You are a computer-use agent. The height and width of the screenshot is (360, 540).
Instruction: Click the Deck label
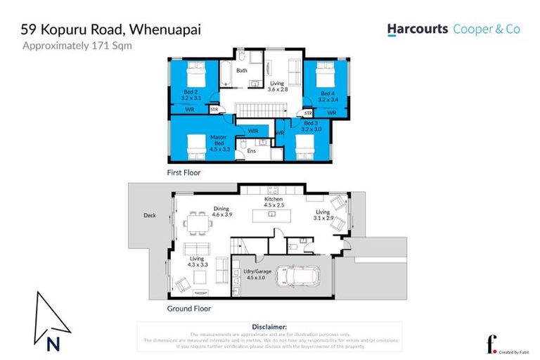[x=149, y=216]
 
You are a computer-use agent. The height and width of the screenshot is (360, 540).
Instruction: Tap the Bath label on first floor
[x=241, y=70]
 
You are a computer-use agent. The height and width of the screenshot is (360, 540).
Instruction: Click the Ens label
[x=250, y=150]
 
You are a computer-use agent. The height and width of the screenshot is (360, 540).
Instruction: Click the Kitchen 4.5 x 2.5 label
[x=274, y=202]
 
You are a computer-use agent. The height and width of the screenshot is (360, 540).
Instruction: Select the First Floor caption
[x=184, y=172]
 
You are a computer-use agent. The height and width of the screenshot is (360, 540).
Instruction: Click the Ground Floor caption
[x=188, y=308]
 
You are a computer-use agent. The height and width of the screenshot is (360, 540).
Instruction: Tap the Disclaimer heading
[x=269, y=327]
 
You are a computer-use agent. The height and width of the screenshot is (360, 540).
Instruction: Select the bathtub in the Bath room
[x=227, y=72]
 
